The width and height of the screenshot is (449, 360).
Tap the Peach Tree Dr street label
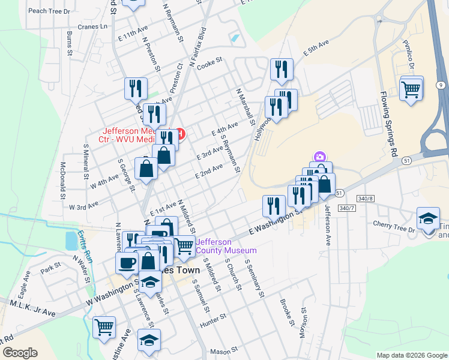[x=49, y=11]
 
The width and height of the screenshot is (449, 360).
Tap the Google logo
[x=20, y=352]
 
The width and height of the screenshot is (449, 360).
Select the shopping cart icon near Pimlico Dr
[x=411, y=89]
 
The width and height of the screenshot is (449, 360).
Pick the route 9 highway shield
[x=441, y=86]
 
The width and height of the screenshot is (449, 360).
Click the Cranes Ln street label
[x=95, y=26]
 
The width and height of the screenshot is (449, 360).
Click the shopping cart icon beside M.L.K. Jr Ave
[x=104, y=327]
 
